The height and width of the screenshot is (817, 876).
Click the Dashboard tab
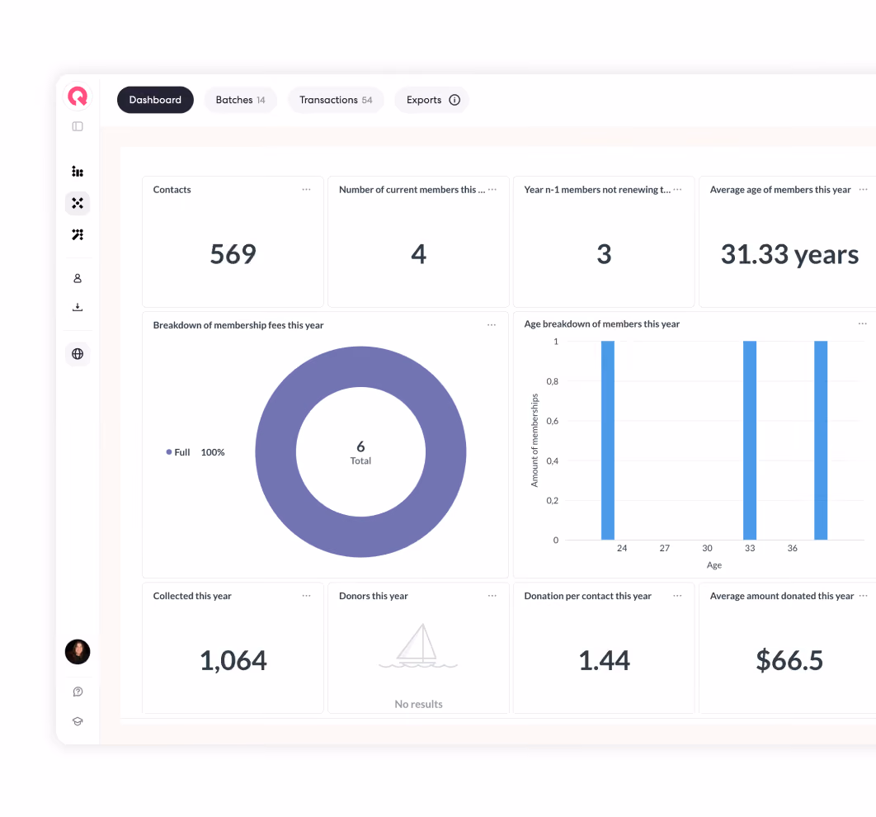[155, 100]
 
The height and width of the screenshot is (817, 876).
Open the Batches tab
[240, 100]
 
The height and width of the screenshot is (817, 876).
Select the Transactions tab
[335, 100]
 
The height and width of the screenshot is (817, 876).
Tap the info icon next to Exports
[454, 100]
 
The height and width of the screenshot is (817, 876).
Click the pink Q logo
[78, 96]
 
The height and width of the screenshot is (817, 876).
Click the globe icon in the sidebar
[78, 354]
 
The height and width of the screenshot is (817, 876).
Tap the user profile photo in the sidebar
[78, 652]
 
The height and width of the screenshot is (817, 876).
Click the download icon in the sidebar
[78, 307]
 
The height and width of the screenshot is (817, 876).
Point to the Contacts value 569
[233, 254]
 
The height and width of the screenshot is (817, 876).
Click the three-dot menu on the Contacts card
[306, 190]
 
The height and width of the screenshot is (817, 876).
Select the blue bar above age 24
[608, 441]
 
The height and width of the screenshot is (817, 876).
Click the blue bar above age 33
[750, 441]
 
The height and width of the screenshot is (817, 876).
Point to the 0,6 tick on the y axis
[552, 421]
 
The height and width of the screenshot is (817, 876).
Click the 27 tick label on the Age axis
[664, 548]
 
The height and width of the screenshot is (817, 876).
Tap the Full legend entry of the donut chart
[178, 452]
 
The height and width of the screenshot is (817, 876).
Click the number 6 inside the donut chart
[360, 446]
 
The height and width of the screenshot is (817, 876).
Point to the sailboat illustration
[418, 645]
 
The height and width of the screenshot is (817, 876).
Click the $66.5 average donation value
[789, 660]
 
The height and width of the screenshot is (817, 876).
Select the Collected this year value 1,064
[233, 660]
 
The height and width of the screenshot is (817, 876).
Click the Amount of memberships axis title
[535, 441]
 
